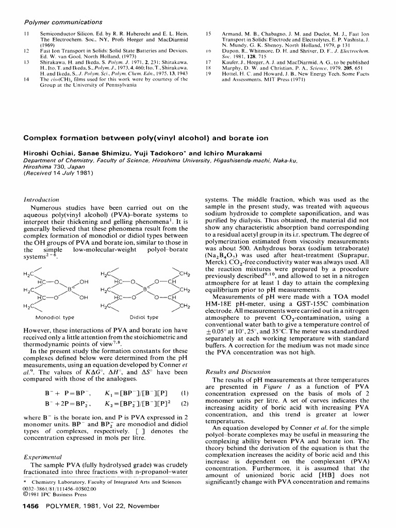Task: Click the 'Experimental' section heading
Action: pyautogui.click(x=44, y=457)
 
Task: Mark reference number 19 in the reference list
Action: pyautogui.click(x=209, y=73)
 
